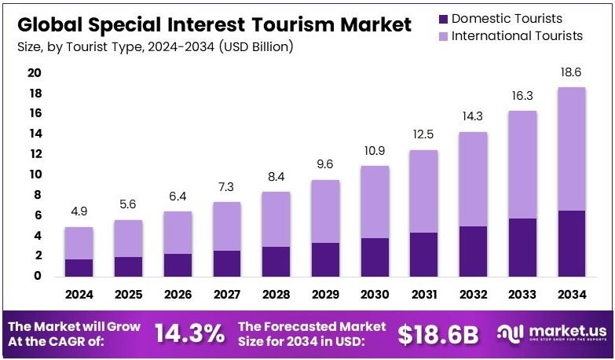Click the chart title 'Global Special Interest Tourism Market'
click(x=214, y=24)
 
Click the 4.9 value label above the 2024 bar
click(x=79, y=212)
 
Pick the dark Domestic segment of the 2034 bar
click(x=571, y=243)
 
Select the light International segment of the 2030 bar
click(x=375, y=202)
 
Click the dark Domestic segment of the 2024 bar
click(x=79, y=267)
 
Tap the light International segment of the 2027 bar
click(x=227, y=226)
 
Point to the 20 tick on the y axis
click(x=34, y=73)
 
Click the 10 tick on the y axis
click(x=34, y=174)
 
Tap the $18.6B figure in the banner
click(x=437, y=334)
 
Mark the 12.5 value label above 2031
click(x=423, y=134)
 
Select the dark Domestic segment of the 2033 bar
click(x=522, y=247)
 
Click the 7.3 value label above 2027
click(x=227, y=187)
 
